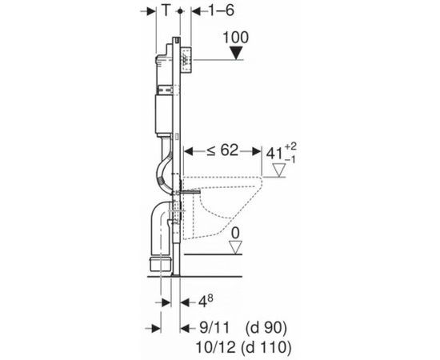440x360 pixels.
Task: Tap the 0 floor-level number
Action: coord(234,234)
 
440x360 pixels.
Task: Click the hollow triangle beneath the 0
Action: coord(234,249)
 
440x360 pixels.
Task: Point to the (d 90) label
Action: coord(265,328)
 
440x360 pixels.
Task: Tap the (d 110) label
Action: coord(269,346)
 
